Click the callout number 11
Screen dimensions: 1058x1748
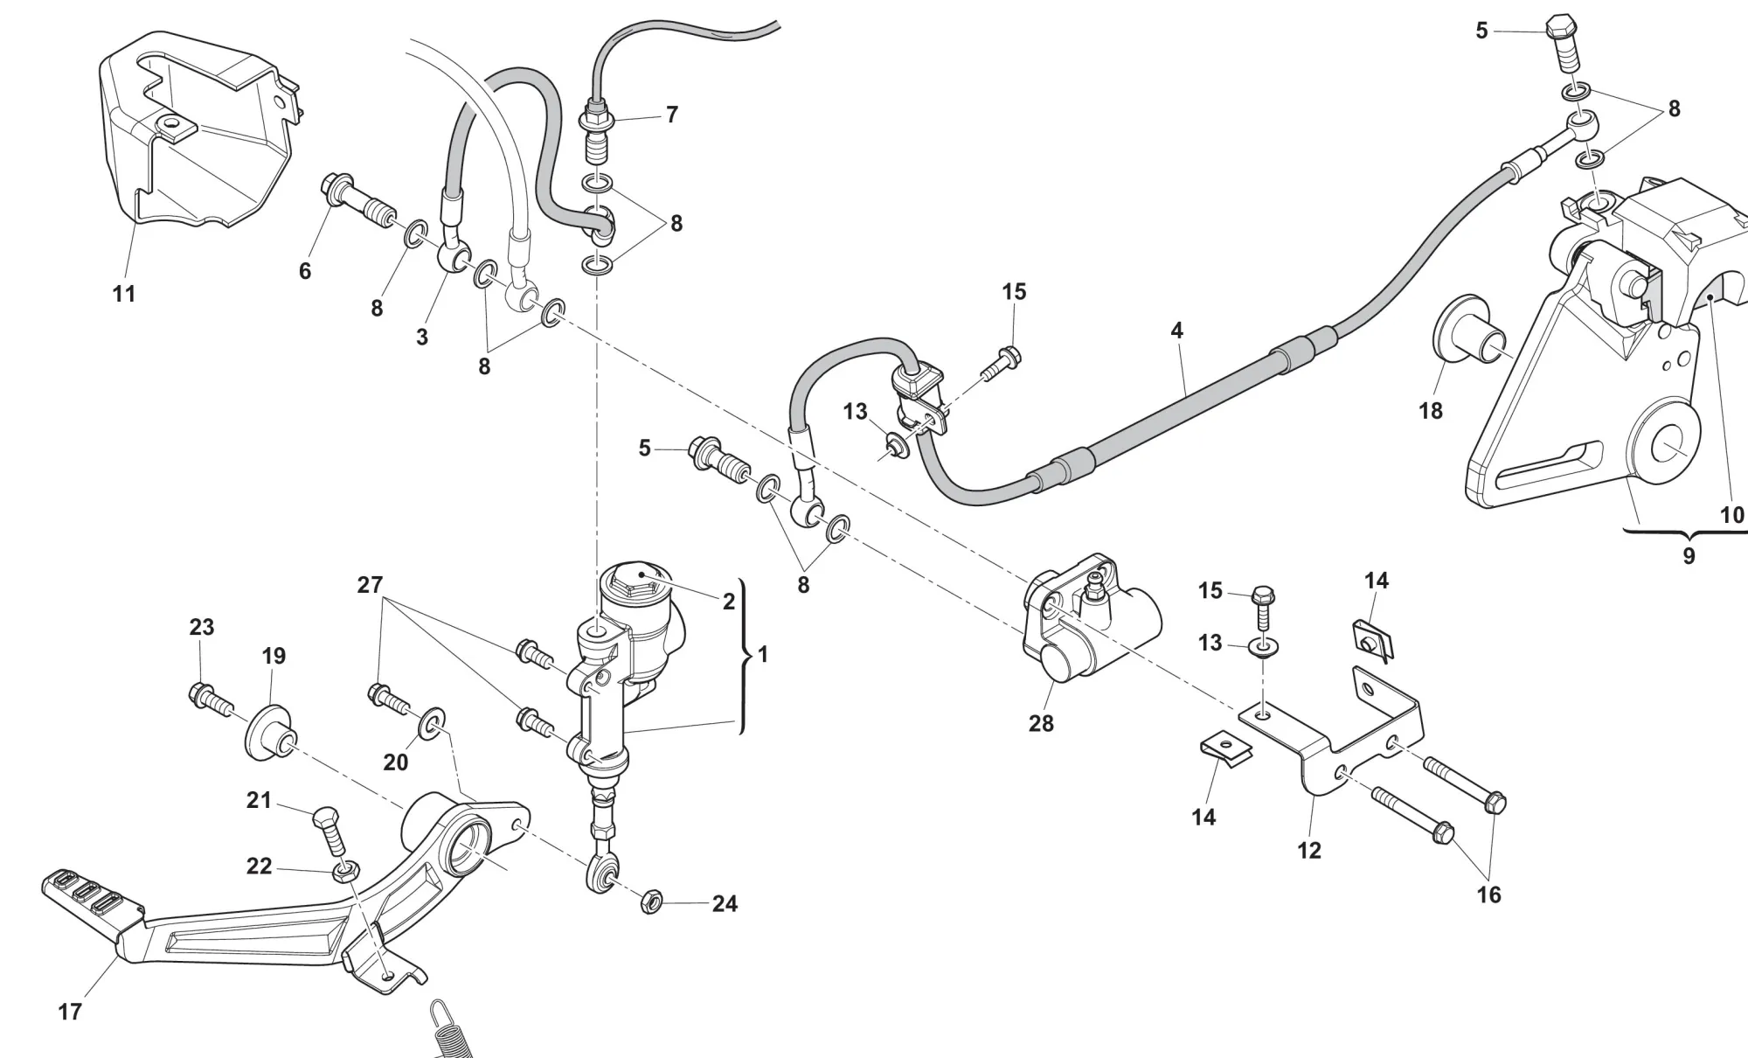click(124, 294)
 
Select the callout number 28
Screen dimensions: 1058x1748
click(1041, 723)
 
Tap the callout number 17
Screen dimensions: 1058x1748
click(70, 1012)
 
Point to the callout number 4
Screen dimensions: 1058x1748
click(1176, 331)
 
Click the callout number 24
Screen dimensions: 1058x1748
click(725, 903)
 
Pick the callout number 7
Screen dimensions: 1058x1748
click(671, 115)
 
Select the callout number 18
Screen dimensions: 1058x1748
click(1430, 410)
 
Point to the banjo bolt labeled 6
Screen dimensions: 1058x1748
click(358, 201)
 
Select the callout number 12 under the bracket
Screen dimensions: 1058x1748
click(1308, 850)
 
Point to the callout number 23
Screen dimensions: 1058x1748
click(201, 627)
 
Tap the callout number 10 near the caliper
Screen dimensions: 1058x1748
click(1731, 515)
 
